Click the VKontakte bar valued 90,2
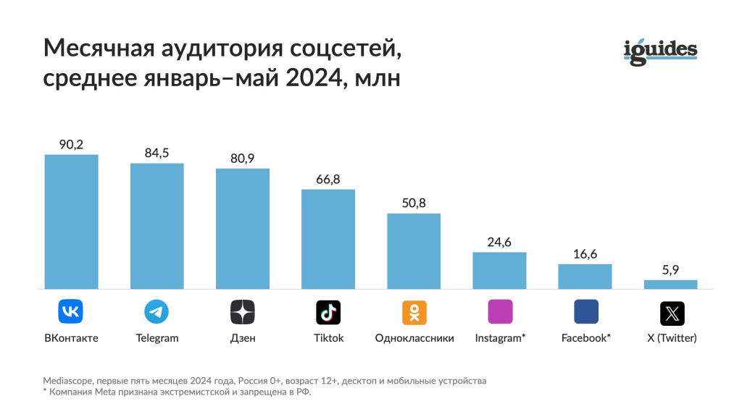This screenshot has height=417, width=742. pyautogui.click(x=71, y=222)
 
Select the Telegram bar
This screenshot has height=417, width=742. pyautogui.click(x=157, y=226)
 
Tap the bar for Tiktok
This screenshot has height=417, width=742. pyautogui.click(x=328, y=239)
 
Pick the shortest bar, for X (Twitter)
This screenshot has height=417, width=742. pyautogui.click(x=670, y=285)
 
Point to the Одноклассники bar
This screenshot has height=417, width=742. pyautogui.click(x=414, y=251)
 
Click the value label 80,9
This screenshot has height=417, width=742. pyautogui.click(x=242, y=158)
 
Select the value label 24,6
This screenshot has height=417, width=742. pyautogui.click(x=499, y=242)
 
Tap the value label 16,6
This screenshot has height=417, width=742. pyautogui.click(x=585, y=254)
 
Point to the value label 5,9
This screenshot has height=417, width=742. pyautogui.click(x=670, y=269)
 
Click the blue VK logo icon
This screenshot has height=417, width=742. pyautogui.click(x=71, y=312)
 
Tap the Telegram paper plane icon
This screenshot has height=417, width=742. pyautogui.click(x=157, y=312)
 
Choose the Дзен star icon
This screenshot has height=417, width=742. pyautogui.click(x=242, y=312)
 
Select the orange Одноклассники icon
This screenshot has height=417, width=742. pyautogui.click(x=414, y=312)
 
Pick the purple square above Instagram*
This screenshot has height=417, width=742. pyautogui.click(x=500, y=311)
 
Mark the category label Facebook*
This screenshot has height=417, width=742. pyautogui.click(x=585, y=338)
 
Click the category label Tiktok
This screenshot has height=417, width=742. pyautogui.click(x=328, y=338)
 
